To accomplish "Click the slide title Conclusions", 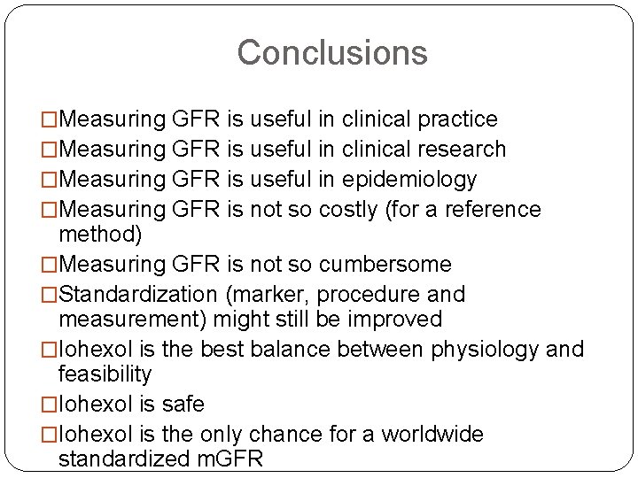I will [x=331, y=52].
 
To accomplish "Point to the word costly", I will [x=348, y=210].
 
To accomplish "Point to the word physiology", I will [x=485, y=350].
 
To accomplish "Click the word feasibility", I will [x=105, y=374].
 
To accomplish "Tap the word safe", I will [x=183, y=405].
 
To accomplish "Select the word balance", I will [x=290, y=350].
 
